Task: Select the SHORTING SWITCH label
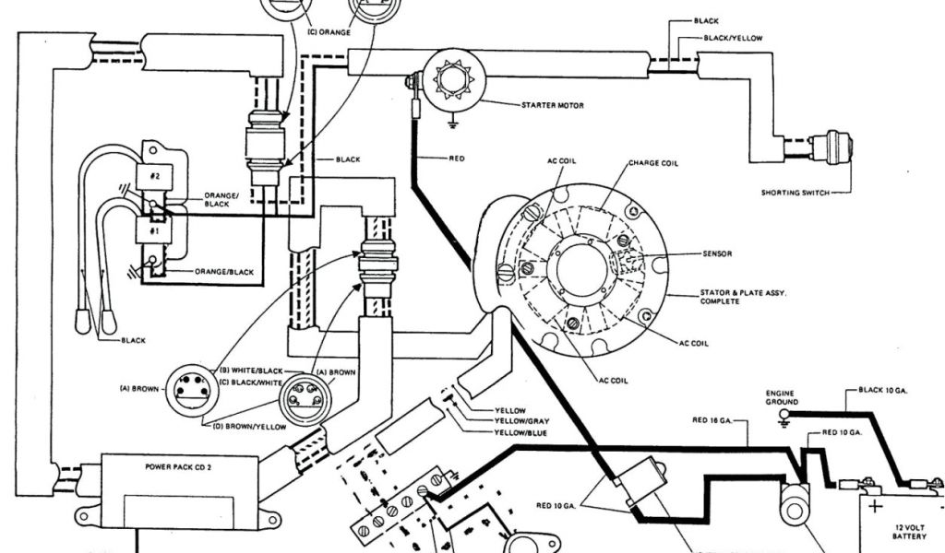(793, 193)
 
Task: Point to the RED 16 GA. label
(712, 420)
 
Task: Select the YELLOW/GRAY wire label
(522, 421)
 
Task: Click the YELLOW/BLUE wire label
(520, 432)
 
